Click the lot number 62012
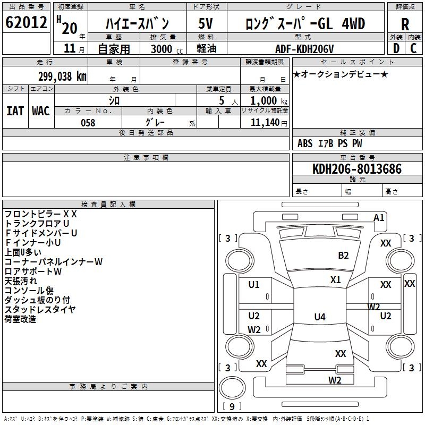26,23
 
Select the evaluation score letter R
405,24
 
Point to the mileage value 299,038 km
62,76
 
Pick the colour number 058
88,123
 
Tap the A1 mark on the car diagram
379,218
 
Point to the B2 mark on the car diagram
344,256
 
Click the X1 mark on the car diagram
335,279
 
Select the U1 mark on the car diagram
254,285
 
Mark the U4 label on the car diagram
319,317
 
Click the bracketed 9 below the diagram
232,407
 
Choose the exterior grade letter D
396,48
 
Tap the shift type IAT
15,111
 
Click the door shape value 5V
206,24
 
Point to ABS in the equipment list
305,143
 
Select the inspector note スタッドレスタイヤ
40,310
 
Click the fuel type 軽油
206,49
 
